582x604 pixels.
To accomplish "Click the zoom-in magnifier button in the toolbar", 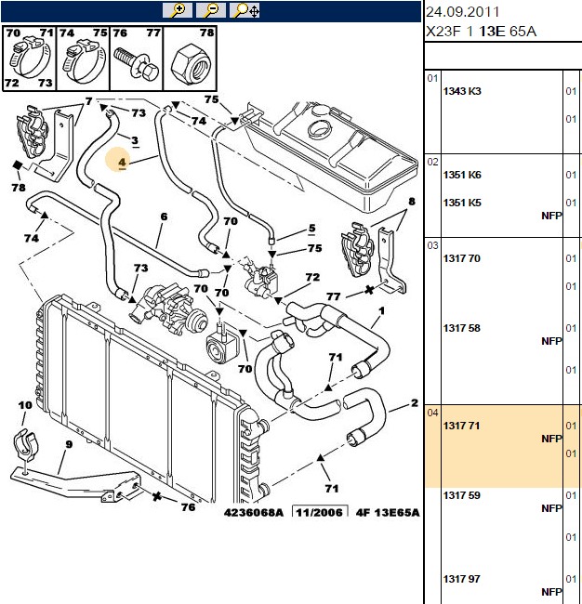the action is click(178, 10).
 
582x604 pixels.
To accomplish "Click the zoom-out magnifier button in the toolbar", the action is click(211, 10).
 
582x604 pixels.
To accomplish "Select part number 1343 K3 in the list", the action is click(462, 91).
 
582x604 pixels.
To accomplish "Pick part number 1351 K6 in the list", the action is click(462, 175).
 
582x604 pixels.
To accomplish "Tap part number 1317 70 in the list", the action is click(462, 258).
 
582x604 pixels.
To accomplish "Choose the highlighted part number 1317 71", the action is click(461, 426).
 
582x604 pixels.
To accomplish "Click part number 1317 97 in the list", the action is click(462, 579).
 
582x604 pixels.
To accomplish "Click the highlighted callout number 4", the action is click(122, 163).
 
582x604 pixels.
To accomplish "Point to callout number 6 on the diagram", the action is click(165, 217).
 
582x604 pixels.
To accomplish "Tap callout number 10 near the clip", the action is click(25, 405).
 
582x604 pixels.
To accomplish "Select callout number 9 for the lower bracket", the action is click(69, 444).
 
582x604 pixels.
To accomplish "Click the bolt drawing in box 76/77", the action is click(137, 64).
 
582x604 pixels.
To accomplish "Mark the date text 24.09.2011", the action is click(462, 12).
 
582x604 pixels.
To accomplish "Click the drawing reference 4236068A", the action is click(253, 513).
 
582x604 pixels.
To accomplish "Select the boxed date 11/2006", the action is click(320, 512).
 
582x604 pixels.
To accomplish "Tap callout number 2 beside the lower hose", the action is click(415, 403).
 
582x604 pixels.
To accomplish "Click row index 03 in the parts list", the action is click(432, 245).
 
